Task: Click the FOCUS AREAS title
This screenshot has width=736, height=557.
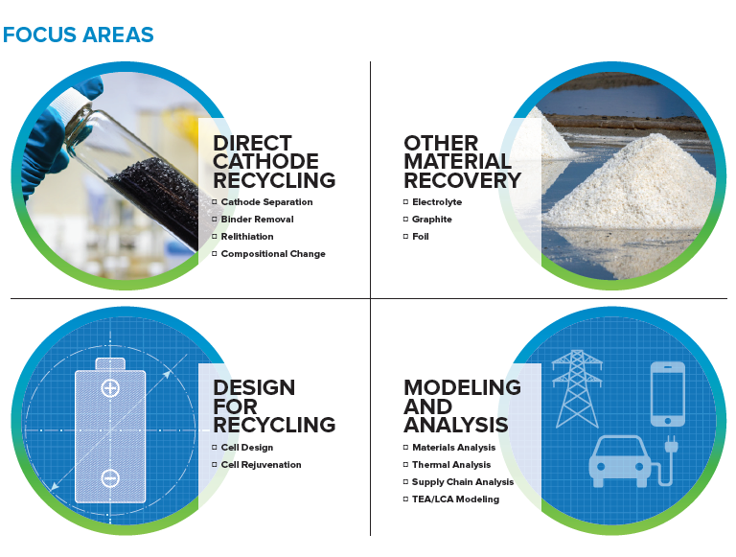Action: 79,35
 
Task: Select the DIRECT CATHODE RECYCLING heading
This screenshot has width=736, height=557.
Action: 274,162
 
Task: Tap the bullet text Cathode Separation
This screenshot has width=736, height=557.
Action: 266,202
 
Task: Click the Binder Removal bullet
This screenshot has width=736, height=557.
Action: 257,220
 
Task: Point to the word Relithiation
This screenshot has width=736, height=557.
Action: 247,237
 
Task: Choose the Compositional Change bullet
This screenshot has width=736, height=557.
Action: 273,254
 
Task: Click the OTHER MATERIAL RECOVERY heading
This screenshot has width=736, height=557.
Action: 462,162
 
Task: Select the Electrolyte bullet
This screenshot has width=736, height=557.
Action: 436,202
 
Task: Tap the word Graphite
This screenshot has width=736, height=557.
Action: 431,220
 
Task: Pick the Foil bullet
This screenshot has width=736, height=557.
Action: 420,237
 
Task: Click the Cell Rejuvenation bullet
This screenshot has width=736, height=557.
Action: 261,465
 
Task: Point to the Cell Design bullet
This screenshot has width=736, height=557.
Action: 246,448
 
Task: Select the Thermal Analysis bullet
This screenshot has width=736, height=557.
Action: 450,465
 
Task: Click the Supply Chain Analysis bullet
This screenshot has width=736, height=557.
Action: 462,482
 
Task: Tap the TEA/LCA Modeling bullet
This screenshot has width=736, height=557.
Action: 455,499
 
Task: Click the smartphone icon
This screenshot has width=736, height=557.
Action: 667,393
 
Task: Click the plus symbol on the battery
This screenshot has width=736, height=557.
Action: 110,388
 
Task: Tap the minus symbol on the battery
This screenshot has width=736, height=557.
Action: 110,476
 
